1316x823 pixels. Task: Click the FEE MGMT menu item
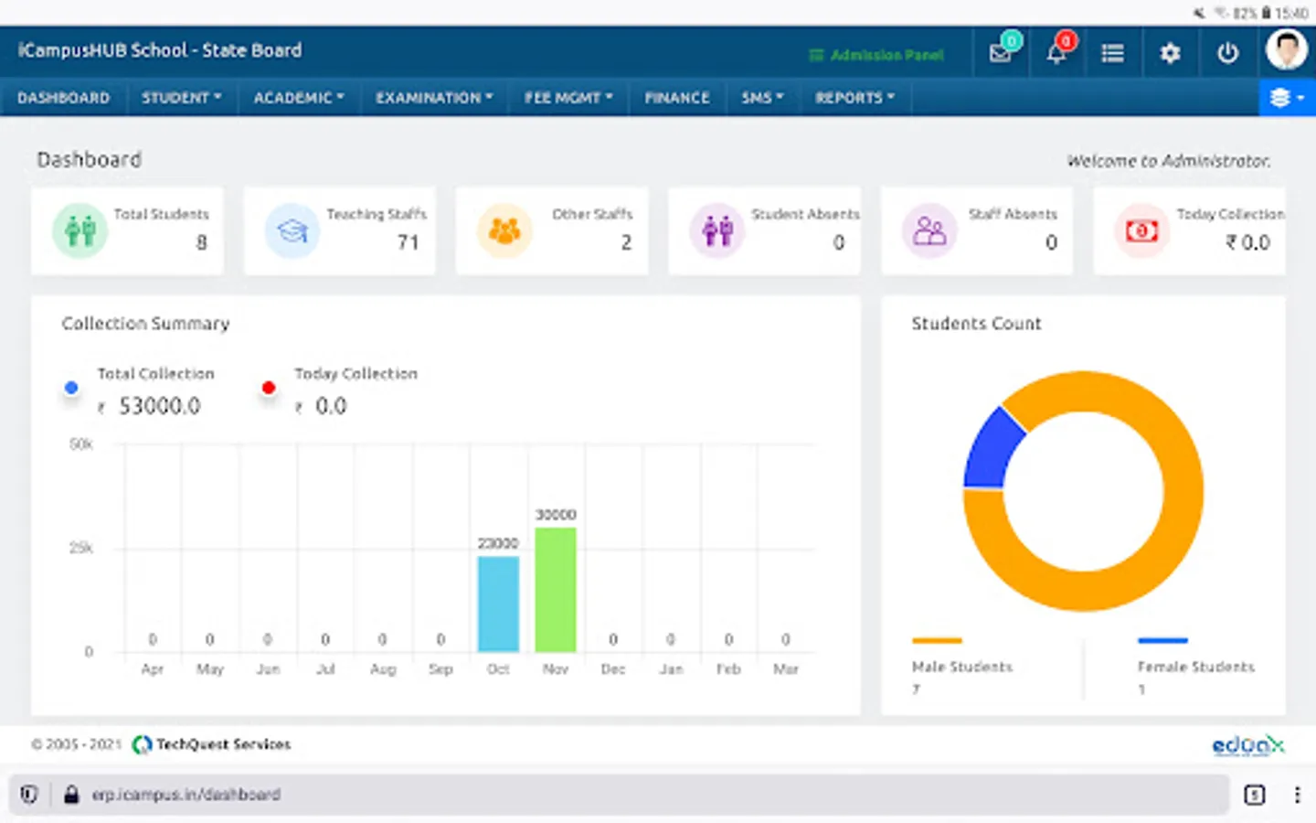pos(568,98)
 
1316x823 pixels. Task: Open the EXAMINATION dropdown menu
pos(434,98)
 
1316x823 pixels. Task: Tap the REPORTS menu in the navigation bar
pos(854,98)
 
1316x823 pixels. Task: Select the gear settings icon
pos(1170,53)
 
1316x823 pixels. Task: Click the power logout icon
pos(1227,53)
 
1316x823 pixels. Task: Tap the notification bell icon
pos(1056,53)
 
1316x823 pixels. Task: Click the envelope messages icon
pos(1000,53)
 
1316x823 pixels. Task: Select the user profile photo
pos(1286,49)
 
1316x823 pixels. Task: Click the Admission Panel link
pos(876,55)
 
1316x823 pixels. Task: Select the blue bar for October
pos(498,604)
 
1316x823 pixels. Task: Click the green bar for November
pos(556,590)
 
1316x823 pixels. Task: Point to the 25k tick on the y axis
pos(81,548)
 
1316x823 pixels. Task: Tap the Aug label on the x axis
pos(383,669)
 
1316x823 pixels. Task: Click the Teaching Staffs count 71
pos(408,242)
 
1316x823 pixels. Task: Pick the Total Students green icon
pos(80,230)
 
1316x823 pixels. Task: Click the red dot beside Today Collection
pos(269,388)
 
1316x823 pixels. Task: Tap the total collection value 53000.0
pos(159,406)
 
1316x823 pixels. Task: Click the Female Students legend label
pos(1195,667)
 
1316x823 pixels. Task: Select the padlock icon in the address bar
pos(71,795)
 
